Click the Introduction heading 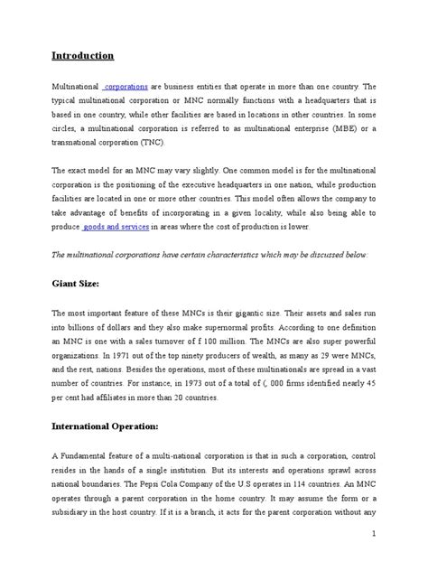click(82, 55)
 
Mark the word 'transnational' click(79, 143)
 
